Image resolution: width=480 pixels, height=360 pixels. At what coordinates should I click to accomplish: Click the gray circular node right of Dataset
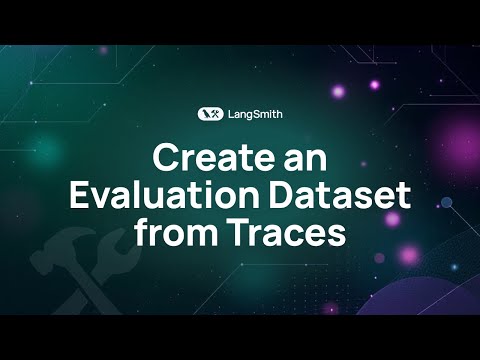(x=447, y=202)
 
